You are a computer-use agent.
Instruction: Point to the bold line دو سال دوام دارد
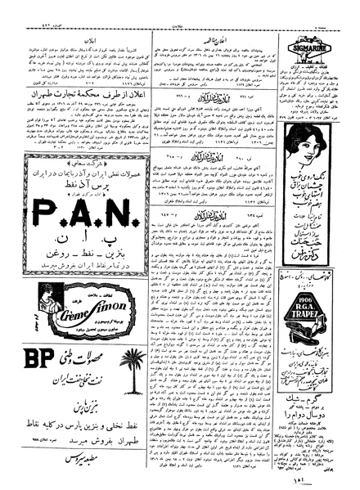pos(318,417)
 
